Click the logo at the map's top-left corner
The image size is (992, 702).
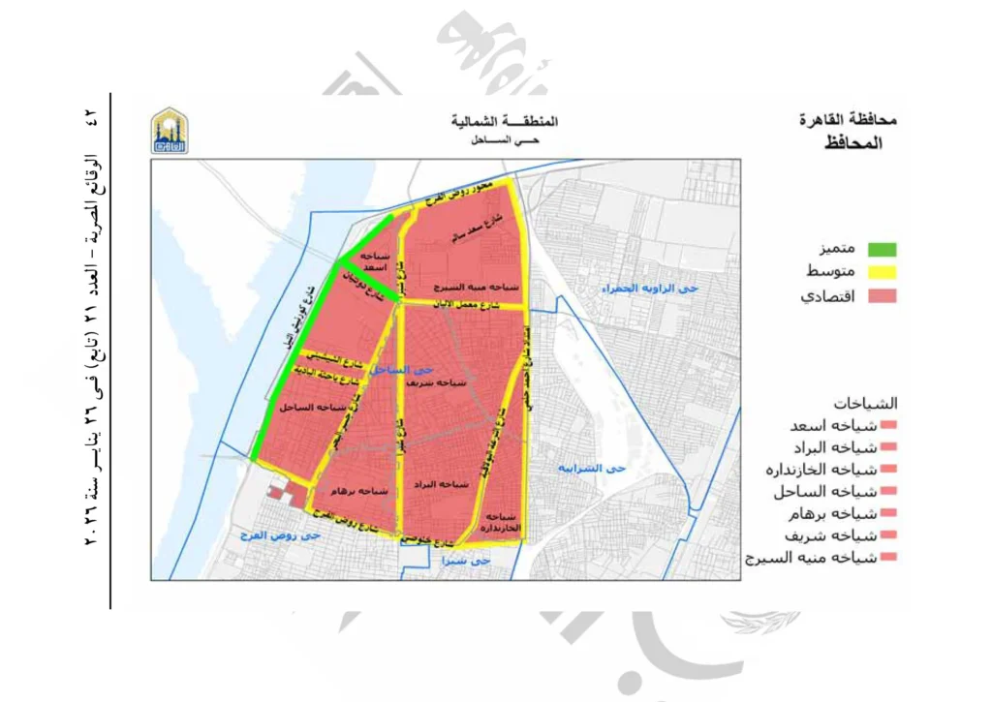click(170, 131)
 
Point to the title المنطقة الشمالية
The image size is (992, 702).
click(505, 122)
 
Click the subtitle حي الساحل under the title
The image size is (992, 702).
click(504, 141)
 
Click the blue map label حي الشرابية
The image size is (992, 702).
click(593, 469)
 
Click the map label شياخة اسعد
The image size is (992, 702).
click(369, 259)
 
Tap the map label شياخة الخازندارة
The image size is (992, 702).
click(499, 522)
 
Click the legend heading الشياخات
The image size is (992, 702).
click(864, 403)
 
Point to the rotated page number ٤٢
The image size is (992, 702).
click(92, 117)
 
